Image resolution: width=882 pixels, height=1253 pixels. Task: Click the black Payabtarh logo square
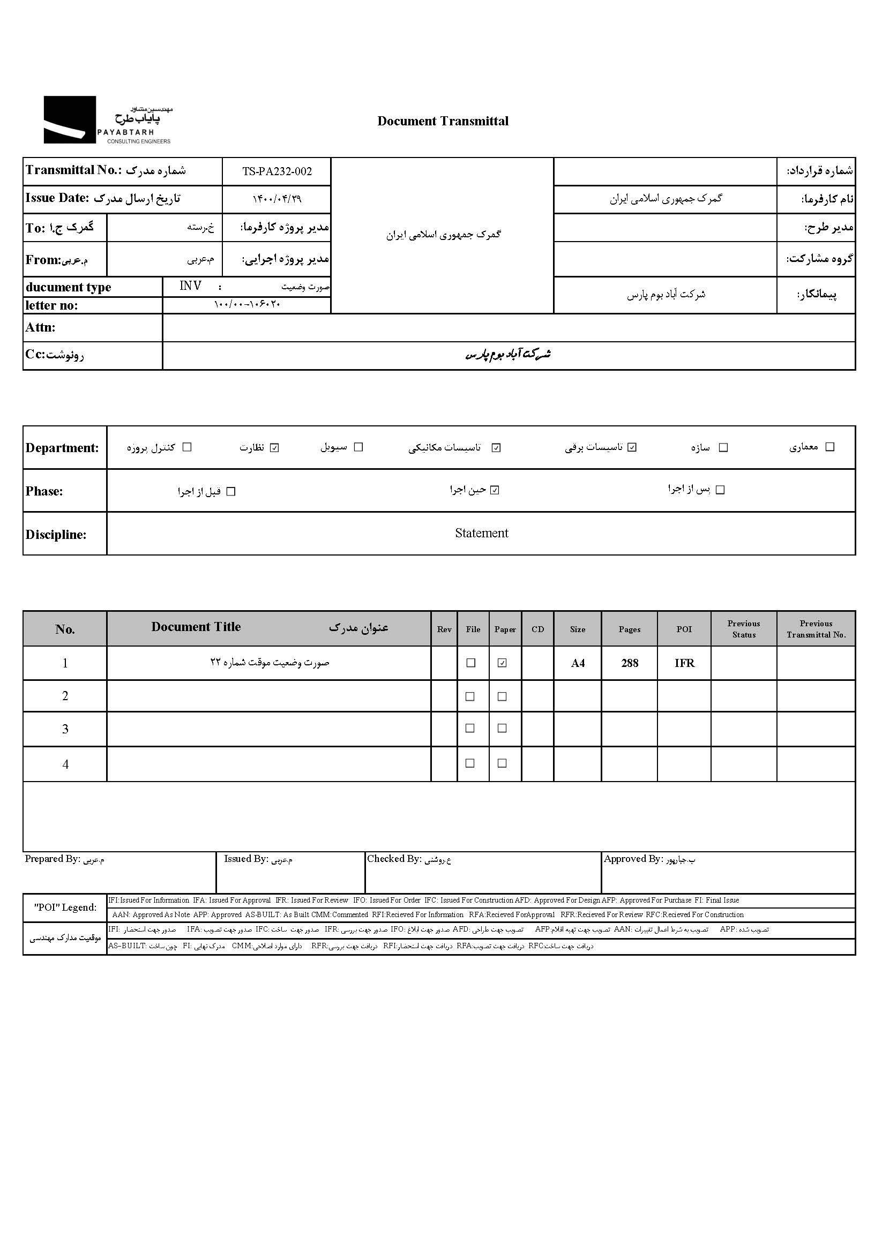click(69, 119)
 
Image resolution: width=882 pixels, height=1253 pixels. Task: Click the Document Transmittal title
click(443, 121)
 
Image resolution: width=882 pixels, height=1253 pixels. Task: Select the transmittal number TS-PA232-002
click(276, 171)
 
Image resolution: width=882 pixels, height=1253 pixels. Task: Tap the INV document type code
click(190, 286)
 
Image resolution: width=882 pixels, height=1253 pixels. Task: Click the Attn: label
click(40, 327)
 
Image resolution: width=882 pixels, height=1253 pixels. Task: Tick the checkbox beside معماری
click(830, 447)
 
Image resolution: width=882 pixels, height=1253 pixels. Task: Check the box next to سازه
click(723, 447)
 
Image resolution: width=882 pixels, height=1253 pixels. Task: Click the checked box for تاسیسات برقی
click(632, 447)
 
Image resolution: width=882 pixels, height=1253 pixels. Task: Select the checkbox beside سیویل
click(358, 447)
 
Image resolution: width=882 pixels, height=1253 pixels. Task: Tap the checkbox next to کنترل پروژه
click(187, 447)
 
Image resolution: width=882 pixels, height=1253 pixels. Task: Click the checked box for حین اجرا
click(495, 490)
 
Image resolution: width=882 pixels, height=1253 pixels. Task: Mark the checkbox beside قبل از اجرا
click(231, 492)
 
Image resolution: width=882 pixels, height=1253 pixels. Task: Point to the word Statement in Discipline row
click(481, 533)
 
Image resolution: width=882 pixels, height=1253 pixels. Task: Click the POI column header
click(684, 629)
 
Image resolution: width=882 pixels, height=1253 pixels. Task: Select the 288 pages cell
click(629, 663)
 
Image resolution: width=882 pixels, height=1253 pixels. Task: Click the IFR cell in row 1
click(684, 663)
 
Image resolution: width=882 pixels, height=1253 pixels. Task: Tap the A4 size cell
click(578, 663)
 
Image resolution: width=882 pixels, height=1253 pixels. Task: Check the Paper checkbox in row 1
click(502, 663)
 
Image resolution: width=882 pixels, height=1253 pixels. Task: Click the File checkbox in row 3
click(470, 729)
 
